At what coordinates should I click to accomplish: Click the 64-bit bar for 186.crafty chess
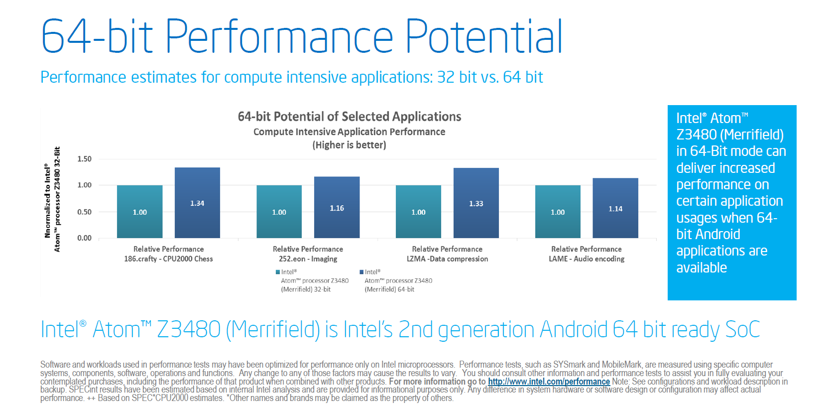(197, 203)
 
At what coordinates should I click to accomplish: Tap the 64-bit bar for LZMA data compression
(476, 203)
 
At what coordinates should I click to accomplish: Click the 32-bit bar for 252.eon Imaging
(279, 212)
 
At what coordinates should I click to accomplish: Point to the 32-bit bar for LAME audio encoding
(558, 212)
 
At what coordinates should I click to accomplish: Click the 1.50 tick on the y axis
(84, 159)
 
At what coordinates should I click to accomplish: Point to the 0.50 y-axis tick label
(84, 212)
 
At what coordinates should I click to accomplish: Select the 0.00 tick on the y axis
(84, 238)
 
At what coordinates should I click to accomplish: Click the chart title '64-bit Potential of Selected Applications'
(349, 117)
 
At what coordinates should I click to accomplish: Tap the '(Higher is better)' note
(349, 145)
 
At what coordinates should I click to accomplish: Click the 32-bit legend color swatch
(278, 272)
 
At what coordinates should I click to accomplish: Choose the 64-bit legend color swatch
(361, 272)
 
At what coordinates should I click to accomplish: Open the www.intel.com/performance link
(549, 382)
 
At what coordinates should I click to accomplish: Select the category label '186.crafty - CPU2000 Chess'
(168, 259)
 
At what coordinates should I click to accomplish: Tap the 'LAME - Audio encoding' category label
(587, 259)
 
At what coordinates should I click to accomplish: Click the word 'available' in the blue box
(701, 268)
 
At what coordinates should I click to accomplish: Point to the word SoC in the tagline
(742, 330)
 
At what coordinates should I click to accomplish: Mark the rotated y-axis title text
(52, 199)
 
